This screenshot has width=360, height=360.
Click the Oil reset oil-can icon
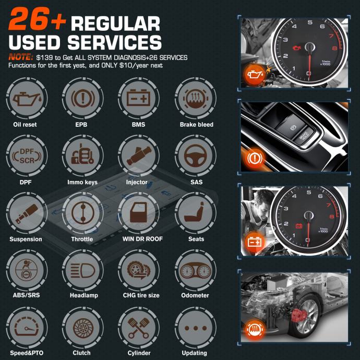click(x=27, y=99)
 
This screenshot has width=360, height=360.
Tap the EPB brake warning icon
click(x=82, y=99)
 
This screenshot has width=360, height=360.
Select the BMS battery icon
click(x=138, y=98)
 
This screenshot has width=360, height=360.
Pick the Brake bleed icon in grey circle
click(x=195, y=99)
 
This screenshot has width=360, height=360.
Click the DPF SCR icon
click(x=27, y=156)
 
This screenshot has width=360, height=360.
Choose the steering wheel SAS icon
click(x=195, y=155)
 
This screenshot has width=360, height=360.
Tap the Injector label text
click(x=137, y=182)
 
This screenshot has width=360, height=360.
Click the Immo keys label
click(x=82, y=182)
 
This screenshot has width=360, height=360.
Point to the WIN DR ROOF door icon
click(x=138, y=212)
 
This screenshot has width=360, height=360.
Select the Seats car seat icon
click(x=195, y=212)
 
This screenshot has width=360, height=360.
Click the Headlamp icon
click(x=82, y=270)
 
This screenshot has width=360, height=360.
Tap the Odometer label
click(x=195, y=295)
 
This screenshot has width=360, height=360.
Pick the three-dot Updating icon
click(x=196, y=328)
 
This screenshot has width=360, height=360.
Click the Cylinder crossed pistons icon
click(x=138, y=328)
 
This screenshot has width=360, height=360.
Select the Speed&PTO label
click(x=27, y=353)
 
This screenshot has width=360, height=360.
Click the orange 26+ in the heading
click(x=37, y=19)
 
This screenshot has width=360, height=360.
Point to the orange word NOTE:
click(x=21, y=57)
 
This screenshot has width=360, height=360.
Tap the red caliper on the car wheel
click(x=299, y=315)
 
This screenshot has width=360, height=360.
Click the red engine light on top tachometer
click(x=297, y=48)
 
